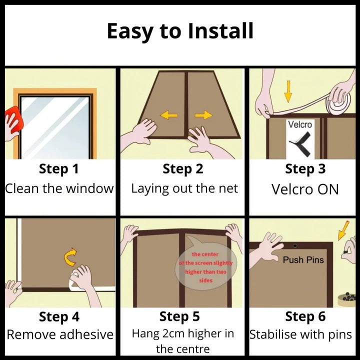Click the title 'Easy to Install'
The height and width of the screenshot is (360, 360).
(x=179, y=31)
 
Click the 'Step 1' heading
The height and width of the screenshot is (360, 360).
(x=58, y=169)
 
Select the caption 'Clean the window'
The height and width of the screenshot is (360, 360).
(x=59, y=188)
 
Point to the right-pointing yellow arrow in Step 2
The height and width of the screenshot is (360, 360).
(x=203, y=115)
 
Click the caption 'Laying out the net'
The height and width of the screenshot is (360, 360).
(x=184, y=188)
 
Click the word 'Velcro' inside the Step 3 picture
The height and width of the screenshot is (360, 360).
(x=300, y=124)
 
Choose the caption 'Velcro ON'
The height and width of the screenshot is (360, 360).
(x=305, y=189)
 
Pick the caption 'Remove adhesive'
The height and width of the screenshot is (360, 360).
(x=59, y=334)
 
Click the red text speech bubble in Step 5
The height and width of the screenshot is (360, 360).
(x=205, y=267)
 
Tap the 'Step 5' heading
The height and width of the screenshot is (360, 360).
(x=179, y=316)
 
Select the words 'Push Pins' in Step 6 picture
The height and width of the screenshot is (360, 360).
(x=303, y=260)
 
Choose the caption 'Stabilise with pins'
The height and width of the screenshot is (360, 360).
(x=301, y=334)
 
